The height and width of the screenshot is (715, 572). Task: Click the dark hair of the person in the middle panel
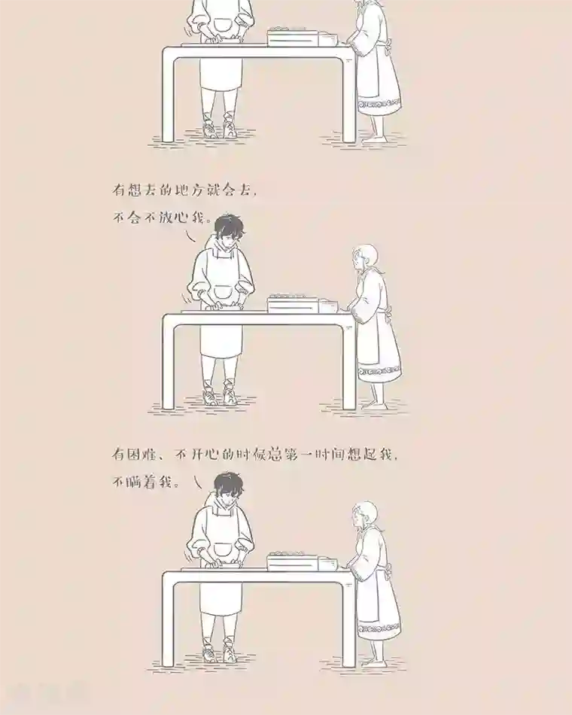[228, 224]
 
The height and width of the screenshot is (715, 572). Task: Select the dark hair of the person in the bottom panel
[227, 482]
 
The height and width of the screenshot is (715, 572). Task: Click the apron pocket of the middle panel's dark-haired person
[224, 294]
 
